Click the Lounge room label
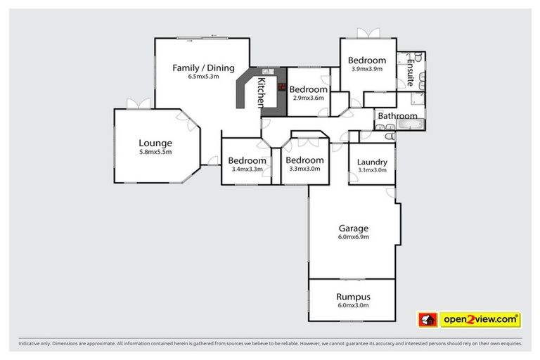pyautogui.click(x=155, y=143)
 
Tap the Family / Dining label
pyautogui.click(x=203, y=67)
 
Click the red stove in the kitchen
pyautogui.click(x=282, y=88)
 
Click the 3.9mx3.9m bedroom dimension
pyautogui.click(x=367, y=69)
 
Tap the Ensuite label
pyautogui.click(x=409, y=71)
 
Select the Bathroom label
pyautogui.click(x=397, y=116)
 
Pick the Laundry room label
pyautogui.click(x=372, y=162)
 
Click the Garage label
pyautogui.click(x=353, y=228)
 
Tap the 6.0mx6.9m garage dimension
pyautogui.click(x=353, y=237)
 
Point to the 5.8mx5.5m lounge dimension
pyautogui.click(x=155, y=152)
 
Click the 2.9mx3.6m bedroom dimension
pyautogui.click(x=309, y=98)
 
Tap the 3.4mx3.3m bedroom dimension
pyautogui.click(x=247, y=169)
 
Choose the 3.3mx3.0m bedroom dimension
pyautogui.click(x=304, y=169)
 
